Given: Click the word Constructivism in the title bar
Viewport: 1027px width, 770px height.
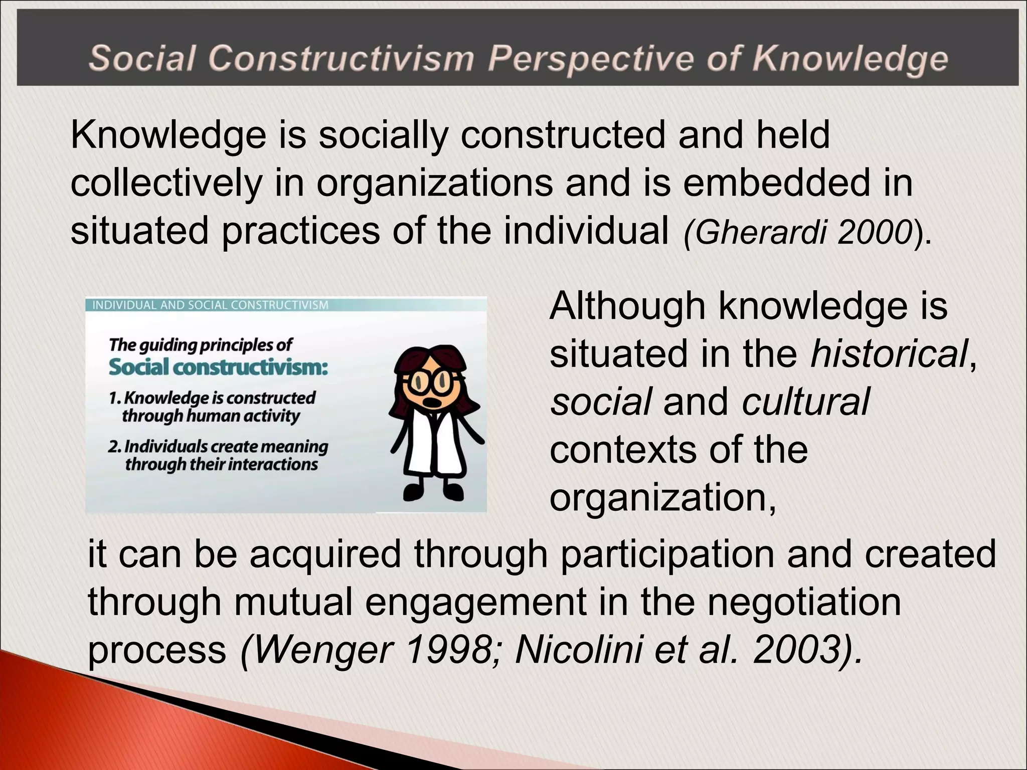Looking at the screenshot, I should click(x=340, y=58).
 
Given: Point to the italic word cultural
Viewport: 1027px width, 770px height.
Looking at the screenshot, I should click(x=806, y=402).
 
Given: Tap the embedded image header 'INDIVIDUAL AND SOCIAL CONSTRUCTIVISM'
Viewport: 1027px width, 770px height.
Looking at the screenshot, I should click(x=210, y=305).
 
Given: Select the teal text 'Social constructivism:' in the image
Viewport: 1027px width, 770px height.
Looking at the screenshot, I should click(x=218, y=367).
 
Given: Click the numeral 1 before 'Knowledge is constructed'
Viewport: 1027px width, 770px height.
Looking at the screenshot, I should click(x=113, y=398).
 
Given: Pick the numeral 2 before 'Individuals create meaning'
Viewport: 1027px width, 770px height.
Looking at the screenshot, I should click(x=113, y=446).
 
